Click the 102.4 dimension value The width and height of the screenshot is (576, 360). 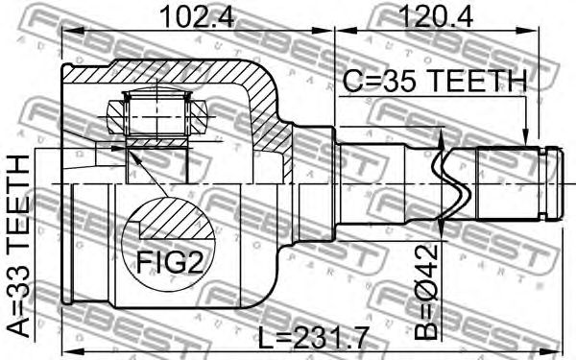pyautogui.click(x=197, y=16)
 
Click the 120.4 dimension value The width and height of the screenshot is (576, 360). pyautogui.click(x=435, y=16)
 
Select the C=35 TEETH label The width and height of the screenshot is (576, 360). pyautogui.click(x=435, y=81)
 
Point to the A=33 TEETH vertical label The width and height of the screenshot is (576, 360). pyautogui.click(x=17, y=246)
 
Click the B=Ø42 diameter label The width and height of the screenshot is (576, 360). pyautogui.click(x=426, y=292)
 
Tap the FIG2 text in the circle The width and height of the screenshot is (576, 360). pyautogui.click(x=170, y=262)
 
